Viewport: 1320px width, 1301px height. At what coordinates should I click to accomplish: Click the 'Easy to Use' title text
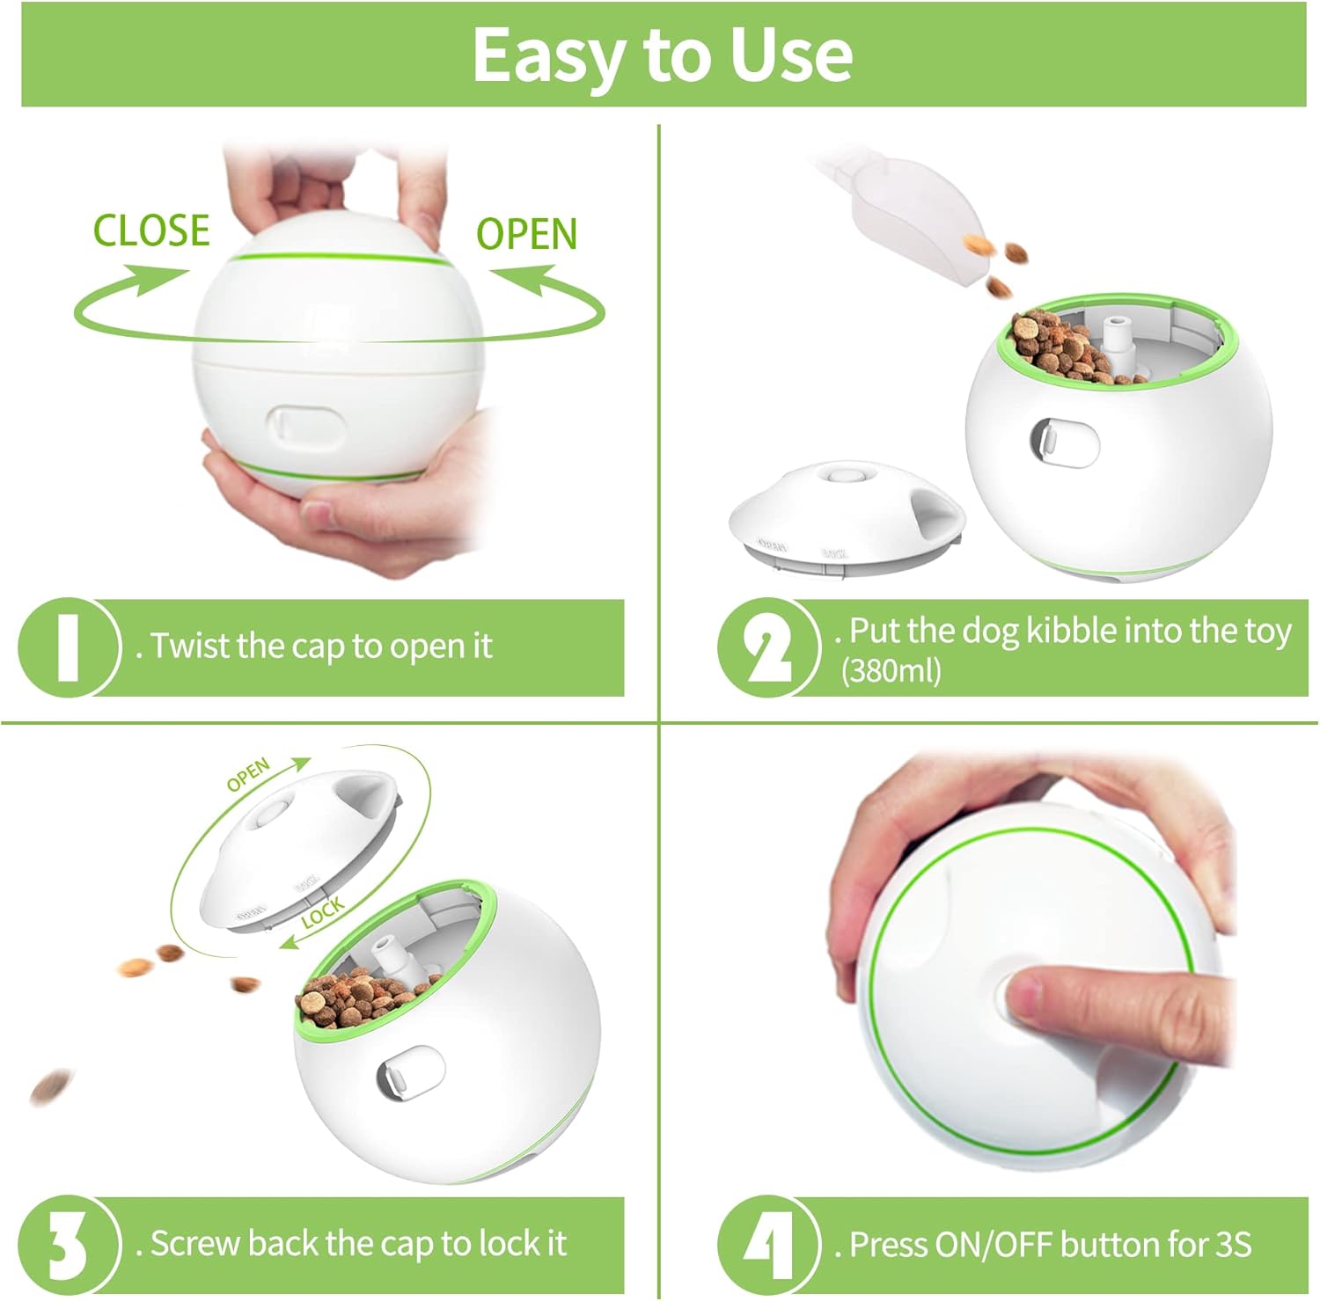pos(663,55)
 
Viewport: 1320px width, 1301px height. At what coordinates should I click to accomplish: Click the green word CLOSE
pos(151,230)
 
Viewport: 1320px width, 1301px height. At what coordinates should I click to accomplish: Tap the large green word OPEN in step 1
pos(526,234)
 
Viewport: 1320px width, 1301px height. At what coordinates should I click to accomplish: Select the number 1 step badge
pos(68,647)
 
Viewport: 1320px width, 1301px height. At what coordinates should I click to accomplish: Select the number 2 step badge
pos(768,647)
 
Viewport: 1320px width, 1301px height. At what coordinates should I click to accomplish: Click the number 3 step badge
pos(68,1245)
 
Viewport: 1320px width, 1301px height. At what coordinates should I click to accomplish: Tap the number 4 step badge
pos(768,1245)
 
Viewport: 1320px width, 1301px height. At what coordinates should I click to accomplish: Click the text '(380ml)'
pos(891,671)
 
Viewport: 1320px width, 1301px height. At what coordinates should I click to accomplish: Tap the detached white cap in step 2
pos(845,519)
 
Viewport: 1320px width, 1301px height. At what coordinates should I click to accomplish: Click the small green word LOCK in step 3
pos(323,913)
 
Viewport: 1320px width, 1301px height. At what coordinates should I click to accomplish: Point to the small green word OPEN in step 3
pos(249,774)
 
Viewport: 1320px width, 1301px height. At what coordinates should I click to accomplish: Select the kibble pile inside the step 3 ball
pos(361,998)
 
